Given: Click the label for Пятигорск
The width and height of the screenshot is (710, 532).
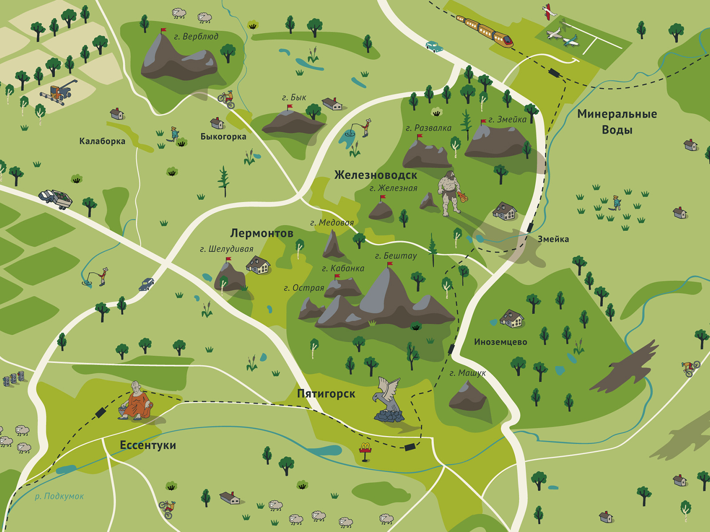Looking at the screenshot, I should (326, 394).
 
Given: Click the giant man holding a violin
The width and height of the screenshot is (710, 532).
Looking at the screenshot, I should (450, 193).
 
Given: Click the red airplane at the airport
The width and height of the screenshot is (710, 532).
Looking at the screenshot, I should (549, 12).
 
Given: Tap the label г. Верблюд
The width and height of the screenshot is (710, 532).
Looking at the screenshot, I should (196, 37).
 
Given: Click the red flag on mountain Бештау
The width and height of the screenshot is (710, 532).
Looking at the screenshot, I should (390, 265).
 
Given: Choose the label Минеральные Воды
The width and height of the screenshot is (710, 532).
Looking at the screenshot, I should (617, 122).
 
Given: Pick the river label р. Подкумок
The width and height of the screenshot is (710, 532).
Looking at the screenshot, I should (59, 497).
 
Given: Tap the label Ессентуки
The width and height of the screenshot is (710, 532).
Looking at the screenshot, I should (148, 445).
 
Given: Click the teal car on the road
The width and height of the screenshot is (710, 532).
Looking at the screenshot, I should (434, 46).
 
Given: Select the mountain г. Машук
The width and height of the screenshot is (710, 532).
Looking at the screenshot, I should (467, 397).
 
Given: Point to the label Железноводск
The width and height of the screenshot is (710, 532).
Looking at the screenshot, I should (375, 175).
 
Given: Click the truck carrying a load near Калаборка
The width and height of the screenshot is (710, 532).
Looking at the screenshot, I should (55, 198).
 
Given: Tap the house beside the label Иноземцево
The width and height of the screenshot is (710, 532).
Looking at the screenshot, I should (512, 318).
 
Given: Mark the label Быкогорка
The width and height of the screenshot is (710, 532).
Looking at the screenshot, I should (223, 137).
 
